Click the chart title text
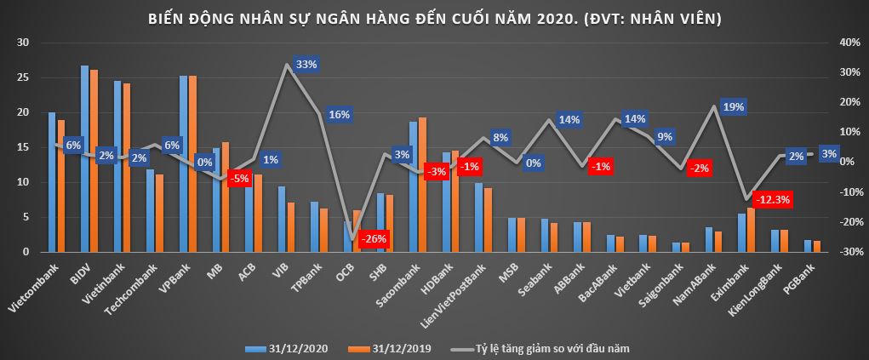[x=434, y=18]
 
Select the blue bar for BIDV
[x=84, y=158]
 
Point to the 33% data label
[x=306, y=64]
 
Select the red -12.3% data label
[x=774, y=199]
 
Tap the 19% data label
[x=733, y=107]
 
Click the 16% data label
[x=339, y=115]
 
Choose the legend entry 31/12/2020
[x=285, y=348]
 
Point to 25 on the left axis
[x=23, y=77]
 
